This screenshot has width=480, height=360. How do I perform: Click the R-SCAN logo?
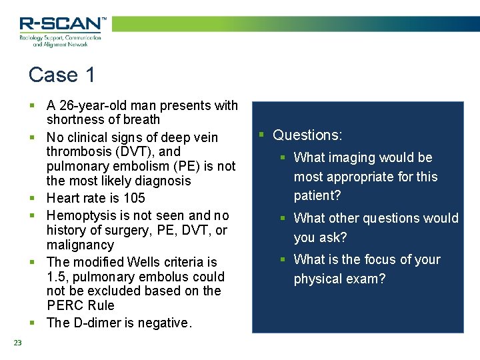pos(61,31)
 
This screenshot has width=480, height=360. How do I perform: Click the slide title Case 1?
pos(62,75)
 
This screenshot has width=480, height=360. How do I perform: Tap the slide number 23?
pos(17,343)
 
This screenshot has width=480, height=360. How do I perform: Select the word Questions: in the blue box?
pos(307,135)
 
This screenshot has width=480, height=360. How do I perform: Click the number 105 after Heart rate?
pos(134,198)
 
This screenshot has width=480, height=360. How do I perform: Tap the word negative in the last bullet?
pos(167,323)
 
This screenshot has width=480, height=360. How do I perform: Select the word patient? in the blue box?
pos(317,196)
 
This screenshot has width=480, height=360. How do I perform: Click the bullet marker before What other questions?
pos(282,218)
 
